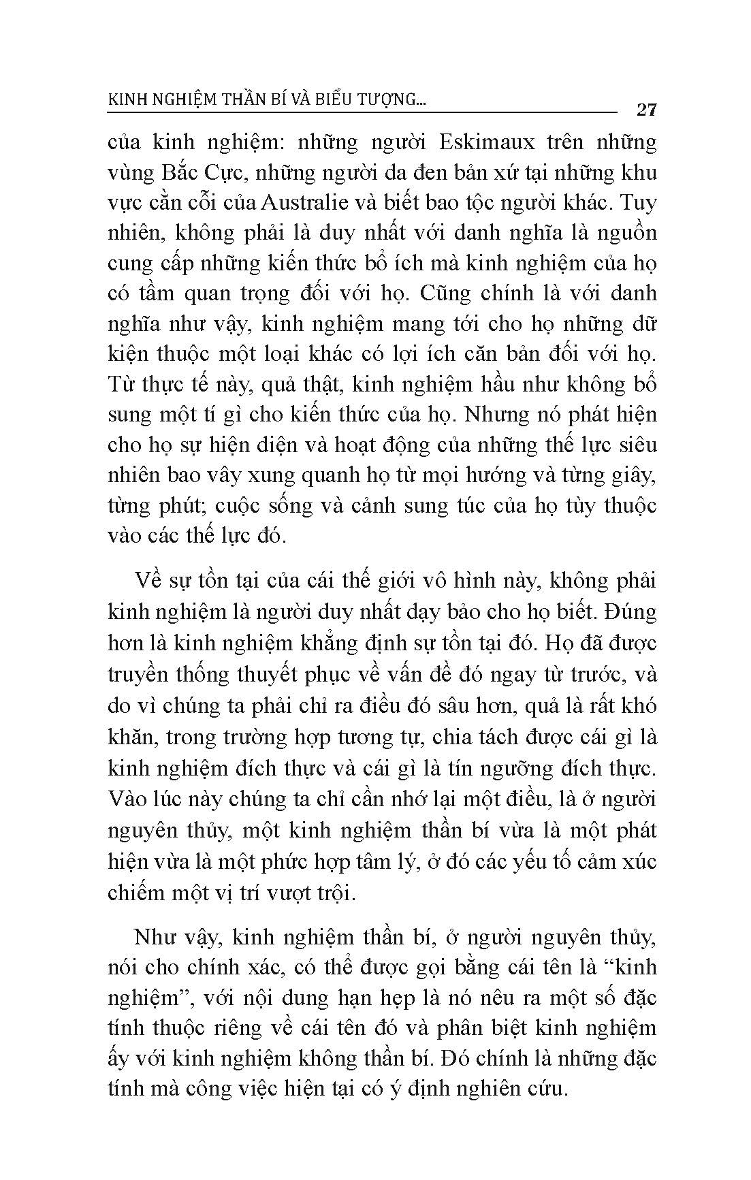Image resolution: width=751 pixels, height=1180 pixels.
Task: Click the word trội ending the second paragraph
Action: click(x=336, y=892)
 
